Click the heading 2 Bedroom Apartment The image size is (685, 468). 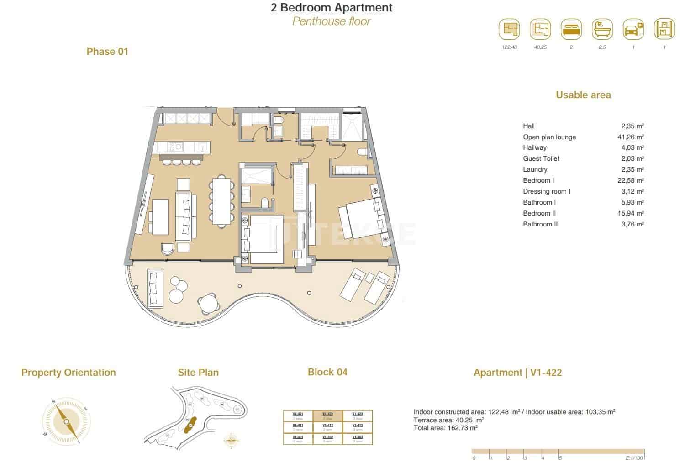[331, 8]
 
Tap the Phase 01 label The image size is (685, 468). [107, 52]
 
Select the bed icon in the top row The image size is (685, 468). [571, 30]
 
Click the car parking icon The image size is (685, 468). [633, 30]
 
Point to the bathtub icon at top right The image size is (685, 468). [602, 30]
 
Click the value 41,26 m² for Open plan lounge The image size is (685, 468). [630, 137]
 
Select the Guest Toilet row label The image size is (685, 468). [541, 158]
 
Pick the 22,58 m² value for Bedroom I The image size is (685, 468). [630, 180]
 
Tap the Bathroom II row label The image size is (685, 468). [540, 224]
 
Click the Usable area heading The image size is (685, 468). [583, 95]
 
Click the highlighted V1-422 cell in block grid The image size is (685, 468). [327, 416]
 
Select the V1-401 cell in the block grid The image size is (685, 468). [298, 439]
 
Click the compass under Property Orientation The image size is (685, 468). [66, 421]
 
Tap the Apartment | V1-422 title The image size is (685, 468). [517, 373]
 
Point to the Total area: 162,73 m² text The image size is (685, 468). [445, 428]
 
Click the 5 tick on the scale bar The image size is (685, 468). [560, 457]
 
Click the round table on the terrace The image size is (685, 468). [208, 303]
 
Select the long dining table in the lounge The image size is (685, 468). [221, 200]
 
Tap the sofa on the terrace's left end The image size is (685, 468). [155, 288]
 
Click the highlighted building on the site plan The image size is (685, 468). [190, 425]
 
